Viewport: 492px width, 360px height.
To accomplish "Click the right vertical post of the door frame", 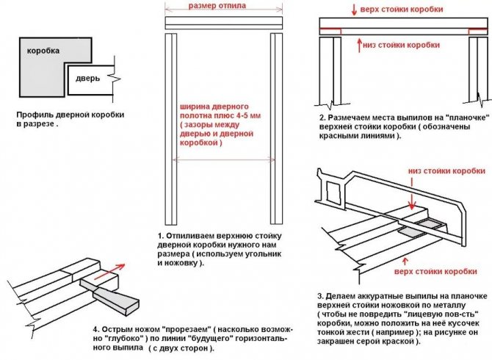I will [277, 132].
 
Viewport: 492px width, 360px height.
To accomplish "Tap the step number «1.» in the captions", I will [160, 235].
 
